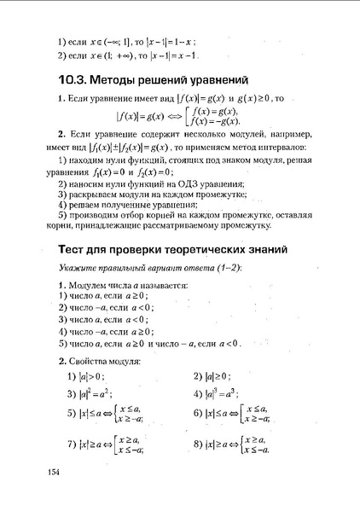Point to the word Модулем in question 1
coord(85,284)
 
